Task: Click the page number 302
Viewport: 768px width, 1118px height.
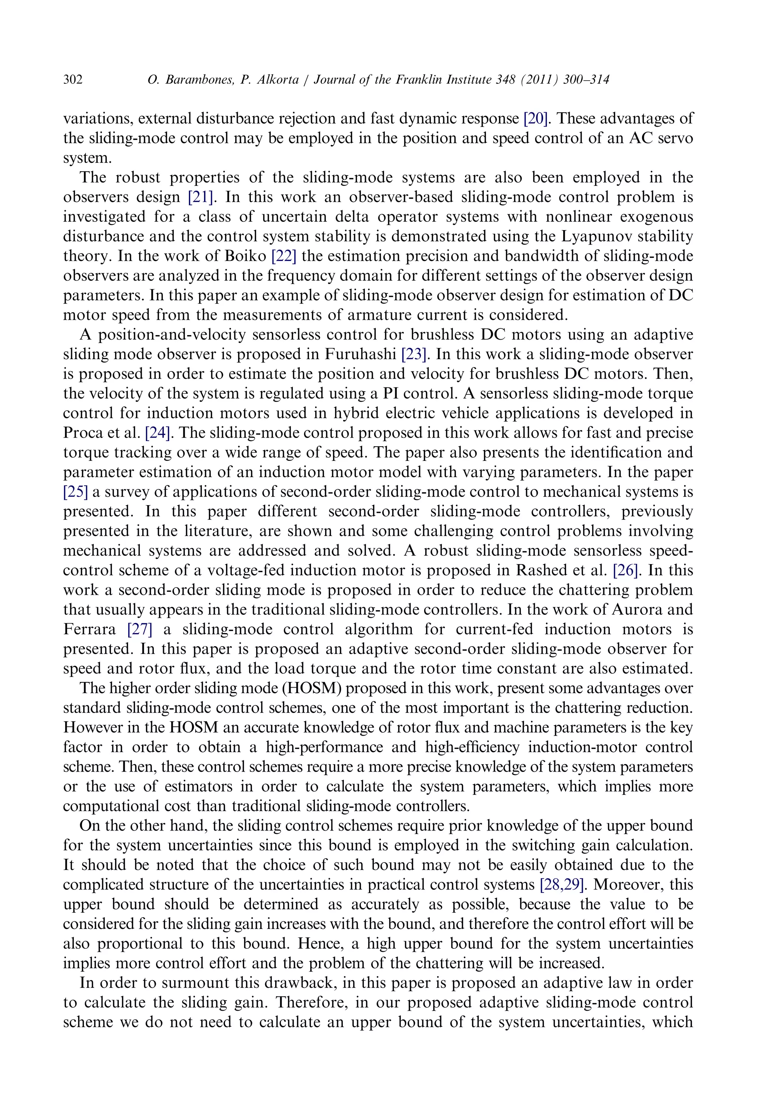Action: pos(73,80)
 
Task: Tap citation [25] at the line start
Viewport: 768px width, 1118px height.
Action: pos(75,492)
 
